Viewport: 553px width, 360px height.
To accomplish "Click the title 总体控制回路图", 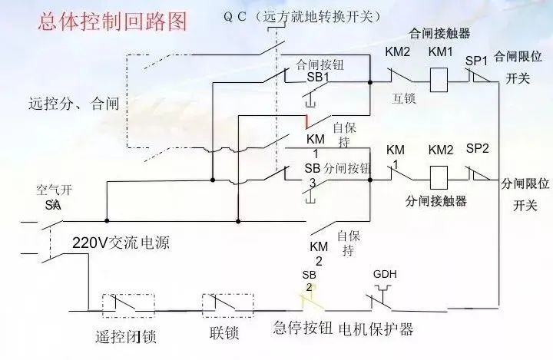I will pyautogui.click(x=113, y=21).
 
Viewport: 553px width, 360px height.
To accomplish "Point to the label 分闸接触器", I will pyautogui.click(x=436, y=201).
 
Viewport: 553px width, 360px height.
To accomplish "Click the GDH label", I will pyautogui.click(x=385, y=274).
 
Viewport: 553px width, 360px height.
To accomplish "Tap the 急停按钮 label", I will pyautogui.click(x=303, y=329).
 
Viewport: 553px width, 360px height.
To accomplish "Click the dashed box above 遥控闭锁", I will pyautogui.click(x=122, y=305).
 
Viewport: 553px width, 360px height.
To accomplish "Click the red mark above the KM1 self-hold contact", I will pyautogui.click(x=306, y=121).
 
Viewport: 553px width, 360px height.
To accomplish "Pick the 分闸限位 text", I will pyautogui.click(x=526, y=185).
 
